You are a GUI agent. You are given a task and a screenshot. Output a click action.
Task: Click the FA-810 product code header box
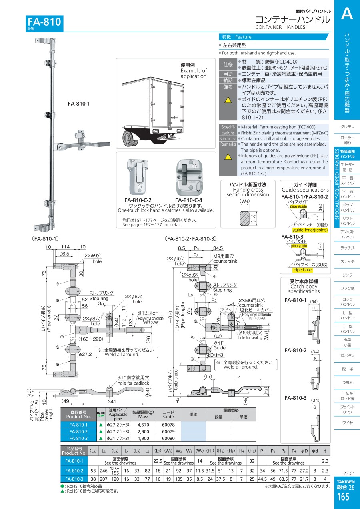pyautogui.click(x=44, y=22)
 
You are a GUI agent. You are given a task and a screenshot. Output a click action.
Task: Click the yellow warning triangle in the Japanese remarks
pyautogui.click(x=228, y=100)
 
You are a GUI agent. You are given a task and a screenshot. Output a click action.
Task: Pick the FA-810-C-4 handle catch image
pyautogui.click(x=188, y=176)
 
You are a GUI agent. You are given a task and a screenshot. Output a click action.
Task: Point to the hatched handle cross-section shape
pyautogui.click(x=245, y=219)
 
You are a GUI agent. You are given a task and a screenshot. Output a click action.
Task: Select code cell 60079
pyautogui.click(x=168, y=431)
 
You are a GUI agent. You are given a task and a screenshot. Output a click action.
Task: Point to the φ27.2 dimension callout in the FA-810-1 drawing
pyautogui.click(x=86, y=354)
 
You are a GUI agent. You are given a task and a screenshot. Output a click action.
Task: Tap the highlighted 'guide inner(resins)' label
pyautogui.click(x=310, y=230)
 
